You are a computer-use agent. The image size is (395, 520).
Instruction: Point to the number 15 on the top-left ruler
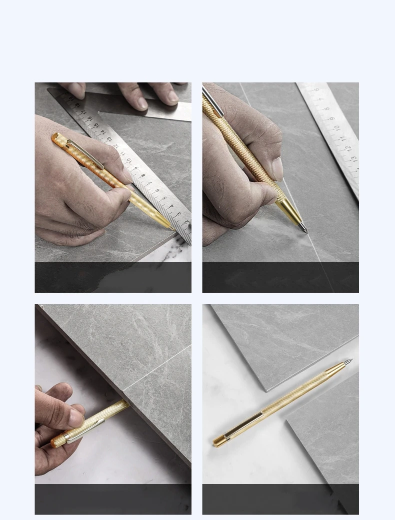click(x=89, y=119)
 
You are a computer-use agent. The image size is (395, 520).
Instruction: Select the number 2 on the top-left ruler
click(x=185, y=223)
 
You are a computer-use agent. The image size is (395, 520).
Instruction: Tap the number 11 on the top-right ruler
click(x=341, y=138)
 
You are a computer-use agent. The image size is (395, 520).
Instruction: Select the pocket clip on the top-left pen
click(x=84, y=154)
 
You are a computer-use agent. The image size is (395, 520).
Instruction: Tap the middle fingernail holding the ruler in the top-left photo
click(x=142, y=103)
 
